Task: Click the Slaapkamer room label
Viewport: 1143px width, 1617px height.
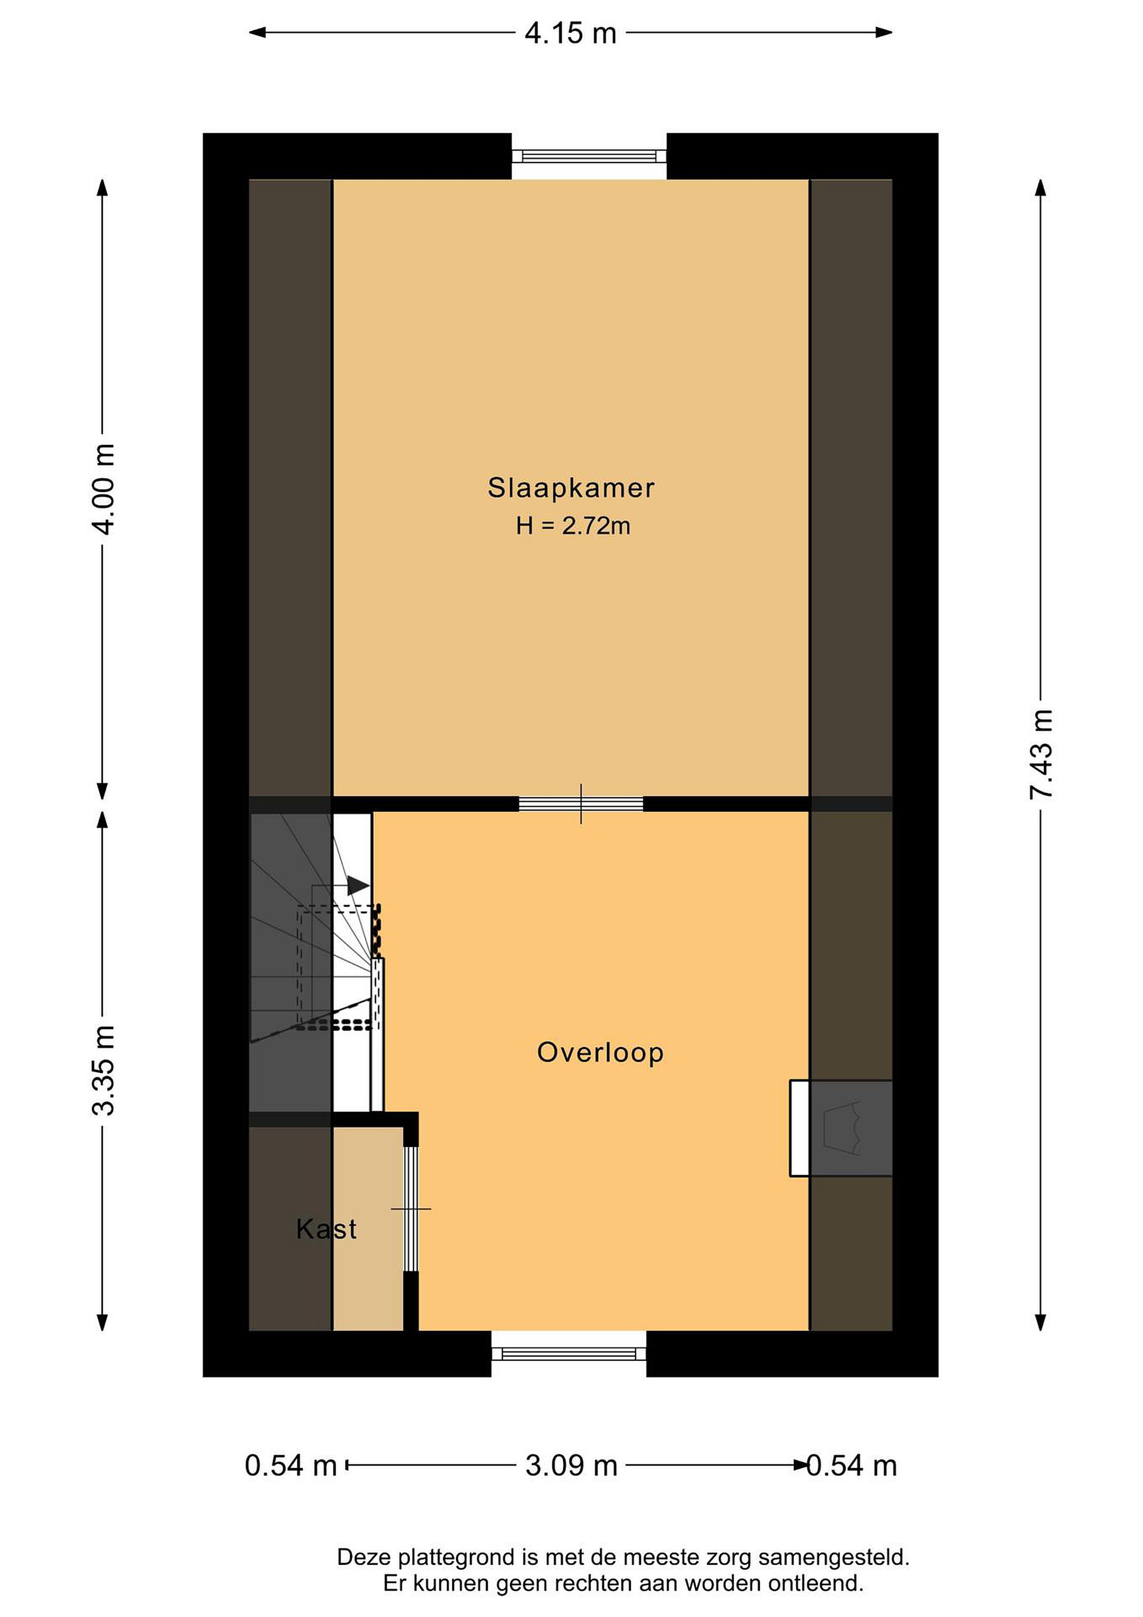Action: [x=571, y=488]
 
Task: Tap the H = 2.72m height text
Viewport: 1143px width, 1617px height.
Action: [x=573, y=526]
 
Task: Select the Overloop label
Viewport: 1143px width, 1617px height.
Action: [x=600, y=1052]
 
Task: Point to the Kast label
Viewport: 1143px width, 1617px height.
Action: [x=327, y=1229]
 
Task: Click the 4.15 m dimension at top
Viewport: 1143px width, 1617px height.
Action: [x=571, y=33]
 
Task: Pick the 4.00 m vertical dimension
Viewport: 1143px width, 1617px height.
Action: [x=104, y=490]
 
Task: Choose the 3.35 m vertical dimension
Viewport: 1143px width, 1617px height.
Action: [x=104, y=1071]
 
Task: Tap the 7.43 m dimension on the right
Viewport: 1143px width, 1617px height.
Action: [x=1041, y=753]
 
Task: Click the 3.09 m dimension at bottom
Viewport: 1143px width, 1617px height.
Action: [x=571, y=1467]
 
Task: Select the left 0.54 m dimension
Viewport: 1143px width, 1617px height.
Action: [x=291, y=1467]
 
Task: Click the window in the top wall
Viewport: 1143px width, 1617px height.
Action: [x=589, y=156]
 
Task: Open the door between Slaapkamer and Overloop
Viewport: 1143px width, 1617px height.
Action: [x=581, y=803]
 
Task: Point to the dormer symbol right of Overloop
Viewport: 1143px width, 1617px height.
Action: [x=841, y=1128]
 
